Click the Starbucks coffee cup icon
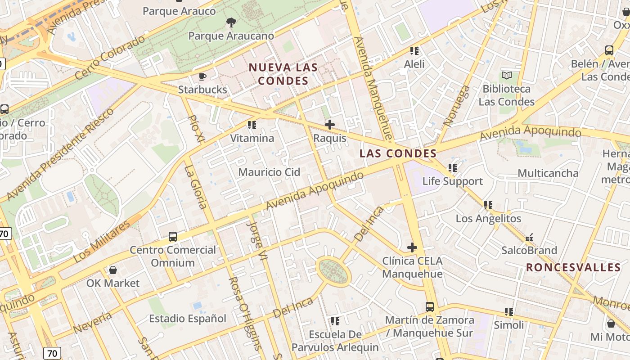click(x=202, y=76)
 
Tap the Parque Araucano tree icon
click(x=231, y=22)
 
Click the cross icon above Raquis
click(x=330, y=125)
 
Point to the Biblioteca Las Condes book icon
click(x=507, y=76)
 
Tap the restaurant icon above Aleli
click(x=414, y=51)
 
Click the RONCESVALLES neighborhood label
click(x=573, y=267)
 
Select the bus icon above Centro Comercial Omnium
click(x=172, y=237)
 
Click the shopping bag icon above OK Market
click(x=113, y=270)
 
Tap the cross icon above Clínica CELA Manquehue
click(x=412, y=247)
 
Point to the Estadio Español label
click(x=188, y=319)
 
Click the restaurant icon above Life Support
click(x=452, y=168)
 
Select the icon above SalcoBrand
click(x=529, y=237)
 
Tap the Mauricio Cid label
click(x=269, y=172)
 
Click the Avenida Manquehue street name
click(x=373, y=89)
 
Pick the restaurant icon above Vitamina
click(x=252, y=125)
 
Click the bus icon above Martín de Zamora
click(x=430, y=307)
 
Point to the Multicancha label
click(x=548, y=173)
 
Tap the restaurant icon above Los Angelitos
click(x=488, y=206)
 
